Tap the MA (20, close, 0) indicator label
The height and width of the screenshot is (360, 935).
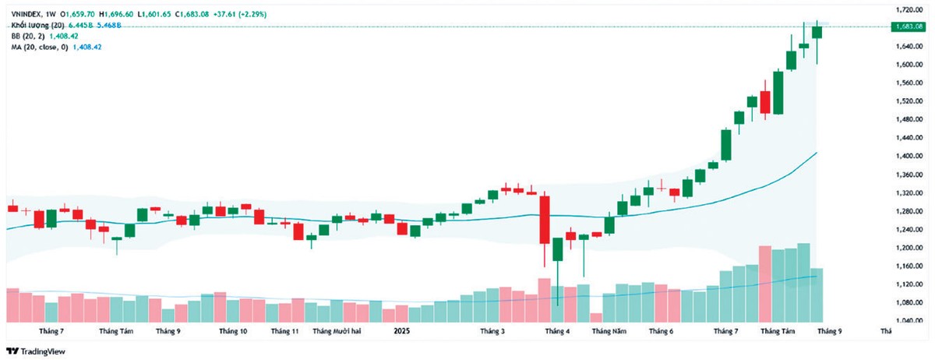pyautogui.click(x=37, y=48)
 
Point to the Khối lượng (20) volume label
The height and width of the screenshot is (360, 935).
pyautogui.click(x=34, y=25)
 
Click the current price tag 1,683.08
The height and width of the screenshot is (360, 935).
pyautogui.click(x=909, y=26)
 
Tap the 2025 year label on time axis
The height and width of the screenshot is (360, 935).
pyautogui.click(x=401, y=331)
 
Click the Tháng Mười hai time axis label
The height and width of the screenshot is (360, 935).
pyautogui.click(x=337, y=331)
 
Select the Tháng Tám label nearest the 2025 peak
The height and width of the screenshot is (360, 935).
pyautogui.click(x=778, y=331)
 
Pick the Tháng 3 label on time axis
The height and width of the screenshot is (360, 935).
pyautogui.click(x=492, y=331)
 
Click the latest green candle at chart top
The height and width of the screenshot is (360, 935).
pyautogui.click(x=817, y=32)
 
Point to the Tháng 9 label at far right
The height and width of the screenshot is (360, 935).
pyautogui.click(x=828, y=331)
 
